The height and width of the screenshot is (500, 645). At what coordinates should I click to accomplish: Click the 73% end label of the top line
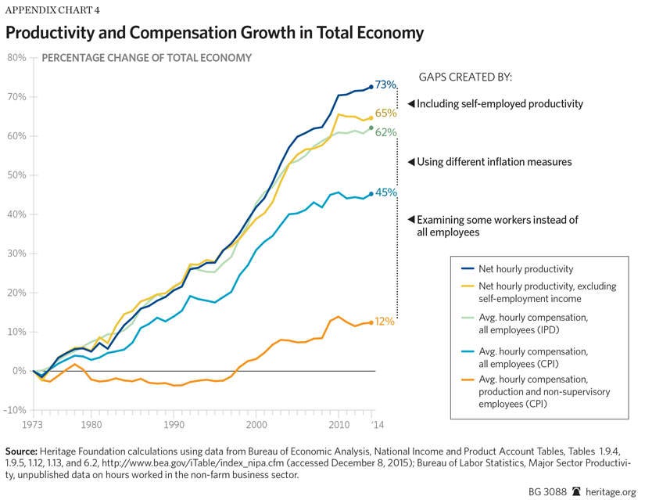(386, 85)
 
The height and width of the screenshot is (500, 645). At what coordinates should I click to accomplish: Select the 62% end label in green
(386, 132)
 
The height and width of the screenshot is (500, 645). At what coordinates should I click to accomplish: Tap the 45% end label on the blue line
(386, 192)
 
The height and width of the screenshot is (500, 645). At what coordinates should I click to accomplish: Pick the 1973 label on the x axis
(33, 424)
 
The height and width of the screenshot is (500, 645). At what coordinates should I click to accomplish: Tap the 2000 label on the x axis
(256, 424)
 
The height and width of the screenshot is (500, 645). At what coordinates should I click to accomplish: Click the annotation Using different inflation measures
(483, 162)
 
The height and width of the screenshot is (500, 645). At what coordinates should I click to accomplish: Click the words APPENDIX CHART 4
(52, 11)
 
